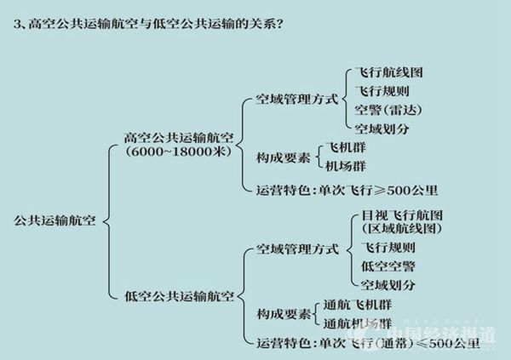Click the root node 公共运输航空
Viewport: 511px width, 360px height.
point(56,220)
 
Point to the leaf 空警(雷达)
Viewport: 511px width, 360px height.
point(388,110)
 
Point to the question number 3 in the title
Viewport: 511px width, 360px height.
point(18,23)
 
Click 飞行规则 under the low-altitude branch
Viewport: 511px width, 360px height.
point(388,249)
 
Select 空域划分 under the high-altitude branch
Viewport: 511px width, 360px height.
point(382,129)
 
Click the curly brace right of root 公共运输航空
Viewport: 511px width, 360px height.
point(106,220)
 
